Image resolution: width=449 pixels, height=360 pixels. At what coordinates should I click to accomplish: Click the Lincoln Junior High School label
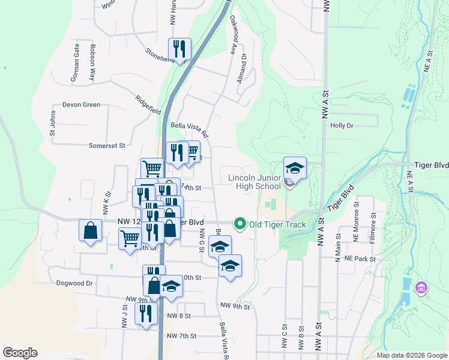(255, 182)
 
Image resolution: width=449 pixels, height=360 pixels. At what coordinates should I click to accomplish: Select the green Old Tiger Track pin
(240, 224)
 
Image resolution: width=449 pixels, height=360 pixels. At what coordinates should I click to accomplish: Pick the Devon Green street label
(81, 104)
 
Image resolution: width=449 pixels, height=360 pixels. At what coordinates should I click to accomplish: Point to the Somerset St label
(106, 145)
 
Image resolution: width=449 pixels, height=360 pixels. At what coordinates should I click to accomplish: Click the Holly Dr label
(342, 125)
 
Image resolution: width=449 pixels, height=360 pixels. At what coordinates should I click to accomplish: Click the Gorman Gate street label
(76, 67)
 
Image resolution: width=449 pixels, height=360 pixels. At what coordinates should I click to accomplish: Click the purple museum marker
(421, 289)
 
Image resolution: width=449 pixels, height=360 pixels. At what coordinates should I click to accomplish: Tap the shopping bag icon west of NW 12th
(90, 230)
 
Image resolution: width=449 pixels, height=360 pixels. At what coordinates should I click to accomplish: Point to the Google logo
(20, 353)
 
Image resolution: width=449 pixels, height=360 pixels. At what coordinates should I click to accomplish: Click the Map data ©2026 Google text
(411, 355)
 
